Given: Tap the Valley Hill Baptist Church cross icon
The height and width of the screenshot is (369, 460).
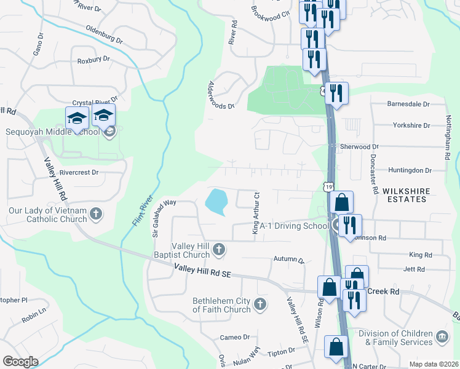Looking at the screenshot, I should pyautogui.click(x=219, y=250).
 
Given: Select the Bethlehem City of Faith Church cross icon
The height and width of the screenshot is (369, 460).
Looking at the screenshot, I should pyautogui.click(x=260, y=304).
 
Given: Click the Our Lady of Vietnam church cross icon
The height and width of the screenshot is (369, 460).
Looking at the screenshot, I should pyautogui.click(x=95, y=213).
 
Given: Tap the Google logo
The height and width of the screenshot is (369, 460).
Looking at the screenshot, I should pyautogui.click(x=20, y=362).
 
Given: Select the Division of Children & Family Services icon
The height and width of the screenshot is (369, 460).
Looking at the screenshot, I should pyautogui.click(x=442, y=337).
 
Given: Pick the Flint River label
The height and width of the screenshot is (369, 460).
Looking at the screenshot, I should pyautogui.click(x=141, y=208).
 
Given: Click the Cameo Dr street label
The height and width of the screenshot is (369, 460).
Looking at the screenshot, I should pyautogui.click(x=236, y=337).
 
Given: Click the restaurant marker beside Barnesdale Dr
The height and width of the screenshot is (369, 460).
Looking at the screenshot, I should pyautogui.click(x=336, y=93).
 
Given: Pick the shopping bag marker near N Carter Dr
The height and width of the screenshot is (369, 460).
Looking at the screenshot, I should pyautogui.click(x=337, y=347).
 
